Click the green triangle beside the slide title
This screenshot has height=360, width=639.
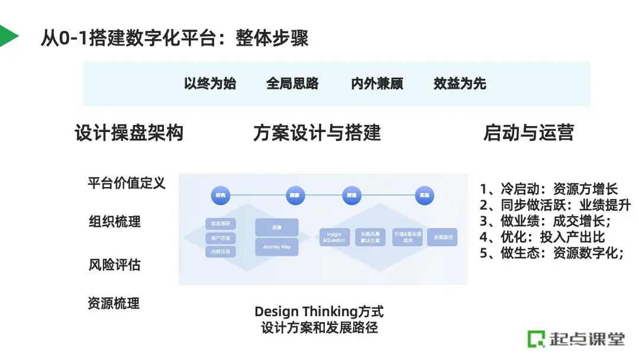(8, 37)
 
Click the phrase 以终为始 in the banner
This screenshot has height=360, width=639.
(210, 83)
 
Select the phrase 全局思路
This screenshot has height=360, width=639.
(292, 83)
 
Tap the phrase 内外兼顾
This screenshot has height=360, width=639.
(377, 83)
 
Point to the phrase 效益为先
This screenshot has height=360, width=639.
(460, 83)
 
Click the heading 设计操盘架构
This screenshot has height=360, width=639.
(129, 133)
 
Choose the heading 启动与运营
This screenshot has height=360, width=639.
(528, 133)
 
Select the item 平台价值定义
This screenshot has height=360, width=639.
(127, 183)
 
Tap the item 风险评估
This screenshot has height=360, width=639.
(115, 264)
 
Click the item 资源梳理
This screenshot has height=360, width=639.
(114, 304)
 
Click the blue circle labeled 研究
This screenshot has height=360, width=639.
(221, 195)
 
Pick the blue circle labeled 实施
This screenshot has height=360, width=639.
(424, 195)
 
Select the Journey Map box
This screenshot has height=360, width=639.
(277, 247)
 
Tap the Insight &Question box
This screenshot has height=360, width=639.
(334, 237)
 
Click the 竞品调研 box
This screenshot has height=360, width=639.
(221, 224)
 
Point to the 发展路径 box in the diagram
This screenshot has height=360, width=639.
(443, 237)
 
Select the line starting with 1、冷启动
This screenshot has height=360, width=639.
(549, 189)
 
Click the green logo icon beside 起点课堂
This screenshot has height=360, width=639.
(536, 339)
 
